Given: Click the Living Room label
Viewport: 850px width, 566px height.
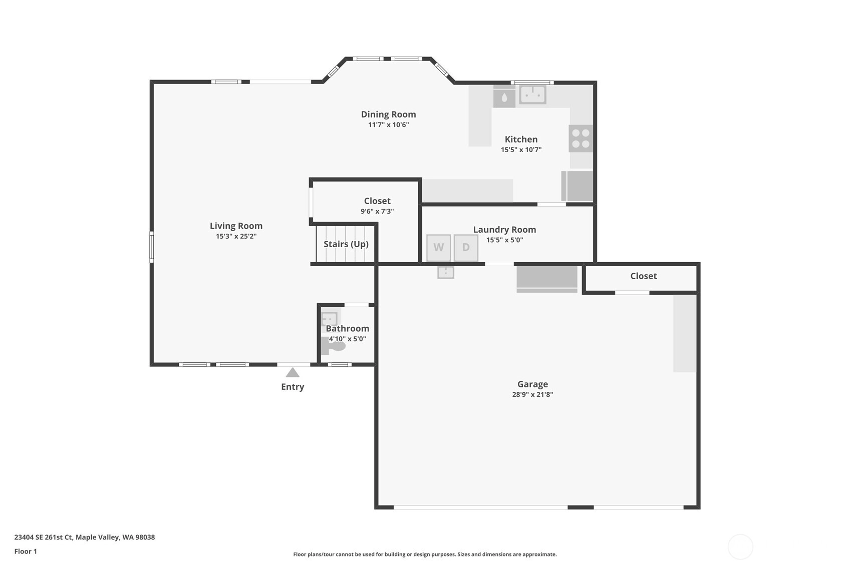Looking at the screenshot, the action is point(236,226).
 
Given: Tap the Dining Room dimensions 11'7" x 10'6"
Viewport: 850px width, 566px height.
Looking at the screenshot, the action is point(388,125).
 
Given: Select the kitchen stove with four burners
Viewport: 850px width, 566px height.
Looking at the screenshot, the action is point(581,139).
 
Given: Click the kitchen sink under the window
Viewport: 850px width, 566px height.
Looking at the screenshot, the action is point(532,95).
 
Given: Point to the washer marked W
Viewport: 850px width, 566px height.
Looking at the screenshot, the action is point(439,248).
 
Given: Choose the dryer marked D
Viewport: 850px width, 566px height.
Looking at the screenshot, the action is point(466,248).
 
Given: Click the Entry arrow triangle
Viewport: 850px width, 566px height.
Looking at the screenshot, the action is point(292,373).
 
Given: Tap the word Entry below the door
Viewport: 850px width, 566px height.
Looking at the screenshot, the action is point(293,387).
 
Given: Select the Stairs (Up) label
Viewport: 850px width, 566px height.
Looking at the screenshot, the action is point(346,244).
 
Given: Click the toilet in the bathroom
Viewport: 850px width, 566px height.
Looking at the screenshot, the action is point(333,346).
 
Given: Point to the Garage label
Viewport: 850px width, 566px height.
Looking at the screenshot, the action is point(533,384).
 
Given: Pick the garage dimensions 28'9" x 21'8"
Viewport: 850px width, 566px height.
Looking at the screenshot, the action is point(532,395).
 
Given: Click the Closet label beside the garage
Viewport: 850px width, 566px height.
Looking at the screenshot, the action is point(644,276).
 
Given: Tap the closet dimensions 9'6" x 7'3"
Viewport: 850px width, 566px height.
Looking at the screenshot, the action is point(377,211).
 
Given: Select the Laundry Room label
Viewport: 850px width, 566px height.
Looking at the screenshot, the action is point(505,230).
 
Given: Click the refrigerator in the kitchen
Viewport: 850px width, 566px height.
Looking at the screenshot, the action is point(577,186).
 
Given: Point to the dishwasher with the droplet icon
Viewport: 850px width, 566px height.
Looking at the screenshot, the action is point(504,96).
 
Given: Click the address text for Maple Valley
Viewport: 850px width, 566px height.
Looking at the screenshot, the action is point(85,537).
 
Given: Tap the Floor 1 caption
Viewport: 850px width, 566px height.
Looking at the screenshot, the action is point(26,551).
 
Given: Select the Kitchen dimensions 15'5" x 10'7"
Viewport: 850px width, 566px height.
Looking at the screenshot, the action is point(521,150).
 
